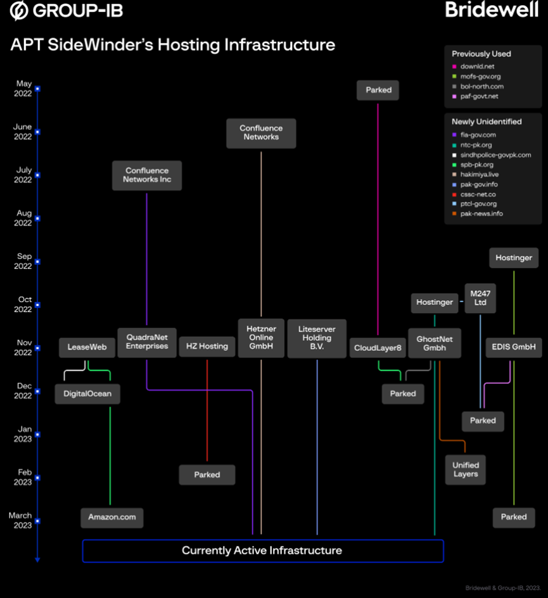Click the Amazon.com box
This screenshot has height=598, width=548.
coord(112,517)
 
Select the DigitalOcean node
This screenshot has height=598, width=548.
coord(87,393)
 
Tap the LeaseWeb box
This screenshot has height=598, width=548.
coord(87,347)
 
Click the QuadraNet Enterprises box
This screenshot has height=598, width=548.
coord(147,341)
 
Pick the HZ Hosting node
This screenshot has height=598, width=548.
coord(207,347)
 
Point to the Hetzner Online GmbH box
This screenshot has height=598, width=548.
coord(261,338)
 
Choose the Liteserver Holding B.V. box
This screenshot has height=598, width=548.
coord(317,338)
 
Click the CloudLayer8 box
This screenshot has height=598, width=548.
coord(378,347)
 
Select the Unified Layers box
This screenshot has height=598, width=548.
coord(466,469)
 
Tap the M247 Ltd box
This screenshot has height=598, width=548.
coord(480,298)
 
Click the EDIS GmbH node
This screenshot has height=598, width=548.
coord(514,347)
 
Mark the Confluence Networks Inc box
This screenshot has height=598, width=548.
coord(147,175)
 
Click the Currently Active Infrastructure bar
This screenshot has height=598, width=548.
coord(262,550)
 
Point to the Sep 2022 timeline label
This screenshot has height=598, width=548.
coord(24,261)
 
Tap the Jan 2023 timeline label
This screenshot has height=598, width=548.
coord(24,434)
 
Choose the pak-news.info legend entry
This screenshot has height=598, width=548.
coord(481,214)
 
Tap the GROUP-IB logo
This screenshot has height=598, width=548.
coord(67,11)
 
